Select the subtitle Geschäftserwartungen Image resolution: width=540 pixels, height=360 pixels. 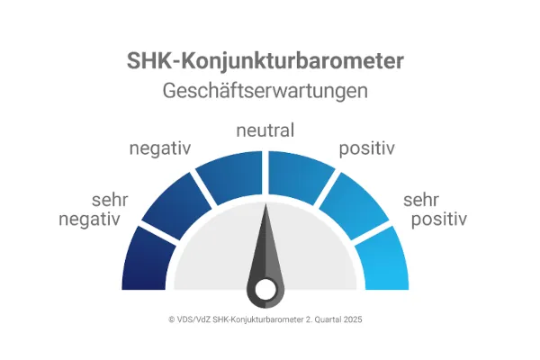click(x=265, y=92)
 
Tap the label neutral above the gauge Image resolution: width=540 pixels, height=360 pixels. click(x=265, y=131)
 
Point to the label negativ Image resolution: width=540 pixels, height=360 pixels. click(x=161, y=148)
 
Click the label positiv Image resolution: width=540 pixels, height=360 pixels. click(x=367, y=148)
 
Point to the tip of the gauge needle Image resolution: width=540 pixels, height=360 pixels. click(x=266, y=208)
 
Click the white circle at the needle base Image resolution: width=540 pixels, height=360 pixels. click(x=265, y=289)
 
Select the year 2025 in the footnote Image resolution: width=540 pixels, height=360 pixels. click(x=351, y=319)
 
